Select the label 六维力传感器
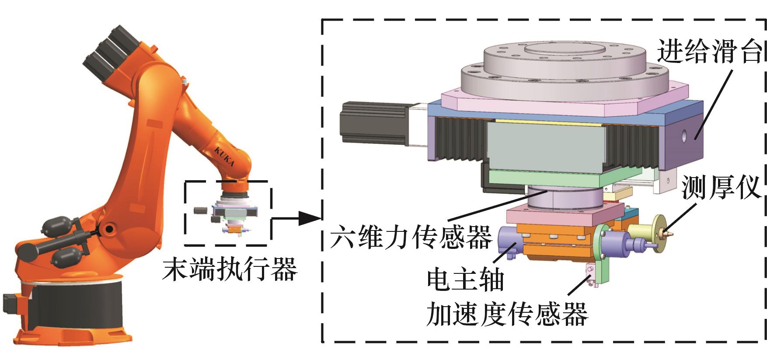(411, 237)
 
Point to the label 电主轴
(465, 280)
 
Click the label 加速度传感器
(507, 314)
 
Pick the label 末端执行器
(230, 269)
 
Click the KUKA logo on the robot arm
(224, 157)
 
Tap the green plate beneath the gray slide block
(551, 179)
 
